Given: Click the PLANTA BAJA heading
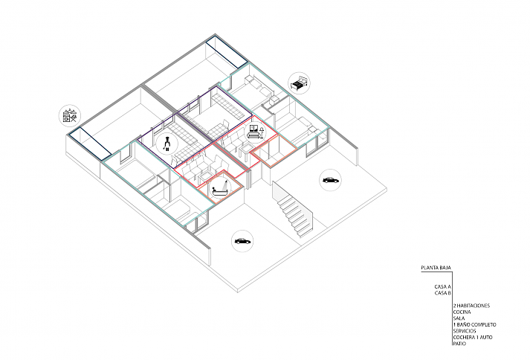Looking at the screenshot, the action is pos(436,268).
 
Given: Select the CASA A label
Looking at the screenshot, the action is pos(442,286).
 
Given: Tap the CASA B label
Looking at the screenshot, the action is pos(442,293).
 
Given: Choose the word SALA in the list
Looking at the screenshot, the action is pos(459,318).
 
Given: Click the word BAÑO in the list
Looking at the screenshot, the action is pos(463,325).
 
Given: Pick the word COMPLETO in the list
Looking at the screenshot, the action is pos(484,325).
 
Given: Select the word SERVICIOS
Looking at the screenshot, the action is pos(465,331).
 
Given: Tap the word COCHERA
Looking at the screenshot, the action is pos(464,338).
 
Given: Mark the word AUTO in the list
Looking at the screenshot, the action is pos(486,338).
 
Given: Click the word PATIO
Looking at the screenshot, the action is pos(459,344).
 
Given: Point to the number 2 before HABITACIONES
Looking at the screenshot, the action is pos(455,306).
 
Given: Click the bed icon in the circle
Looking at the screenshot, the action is pos(299,83).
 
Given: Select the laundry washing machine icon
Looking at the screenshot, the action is pos(70,116).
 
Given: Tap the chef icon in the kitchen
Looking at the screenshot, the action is pos(167,144).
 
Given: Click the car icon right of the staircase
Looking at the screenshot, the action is pos(330,180).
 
